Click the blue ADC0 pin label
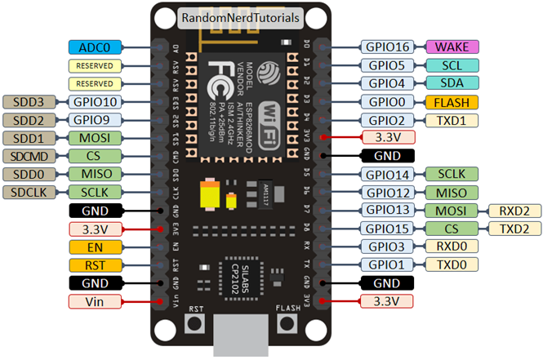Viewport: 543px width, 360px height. (x=95, y=47)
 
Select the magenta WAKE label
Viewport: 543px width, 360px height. (x=452, y=47)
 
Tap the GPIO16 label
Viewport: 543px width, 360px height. (x=387, y=47)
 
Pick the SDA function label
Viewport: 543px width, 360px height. (x=452, y=83)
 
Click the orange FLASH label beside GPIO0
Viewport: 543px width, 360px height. (x=452, y=102)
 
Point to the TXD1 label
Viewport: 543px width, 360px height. (x=452, y=120)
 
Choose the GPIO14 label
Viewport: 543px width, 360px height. (x=387, y=174)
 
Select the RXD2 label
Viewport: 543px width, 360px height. (x=514, y=211)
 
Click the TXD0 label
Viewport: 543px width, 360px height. (x=452, y=264)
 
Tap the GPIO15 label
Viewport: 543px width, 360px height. (x=387, y=229)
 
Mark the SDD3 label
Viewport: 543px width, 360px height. (x=29, y=102)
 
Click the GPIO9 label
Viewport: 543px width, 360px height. (x=95, y=120)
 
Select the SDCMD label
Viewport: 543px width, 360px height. (x=29, y=156)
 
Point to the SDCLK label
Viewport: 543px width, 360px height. (x=29, y=192)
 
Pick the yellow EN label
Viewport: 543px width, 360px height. (x=95, y=247)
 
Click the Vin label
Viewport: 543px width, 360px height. (x=95, y=301)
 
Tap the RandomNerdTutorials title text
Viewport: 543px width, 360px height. (x=238, y=17)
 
